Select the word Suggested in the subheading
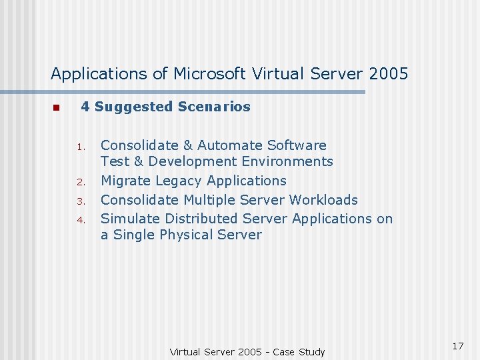(x=133, y=107)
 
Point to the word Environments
(x=287, y=161)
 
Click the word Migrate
(x=125, y=181)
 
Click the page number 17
(x=457, y=346)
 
